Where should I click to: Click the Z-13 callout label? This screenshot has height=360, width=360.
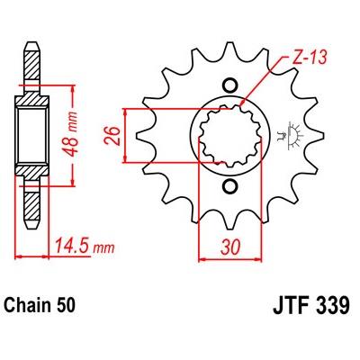(310, 58)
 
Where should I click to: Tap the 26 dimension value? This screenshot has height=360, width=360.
(112, 136)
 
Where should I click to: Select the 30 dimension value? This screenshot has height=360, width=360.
(230, 247)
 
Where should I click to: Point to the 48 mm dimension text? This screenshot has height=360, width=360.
(71, 135)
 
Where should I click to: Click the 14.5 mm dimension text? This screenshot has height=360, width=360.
(85, 247)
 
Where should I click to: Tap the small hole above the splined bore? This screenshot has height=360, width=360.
(229, 85)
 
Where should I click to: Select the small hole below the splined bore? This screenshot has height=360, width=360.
(229, 186)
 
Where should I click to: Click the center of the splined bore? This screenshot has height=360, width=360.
(230, 136)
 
